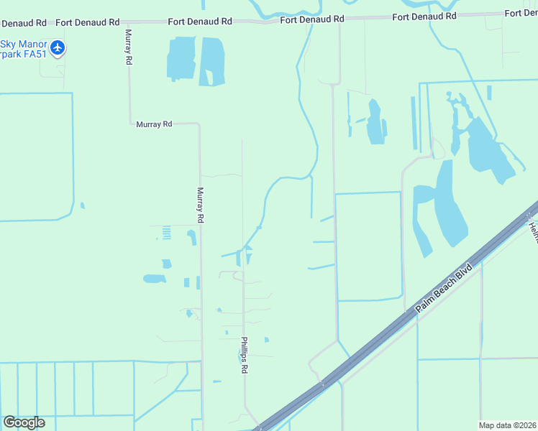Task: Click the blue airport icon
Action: (58, 49)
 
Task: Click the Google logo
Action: (24, 422)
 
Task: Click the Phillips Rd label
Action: (245, 355)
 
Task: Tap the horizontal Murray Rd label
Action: (154, 124)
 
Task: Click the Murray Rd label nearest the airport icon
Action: (128, 47)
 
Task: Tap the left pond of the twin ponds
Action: (182, 57)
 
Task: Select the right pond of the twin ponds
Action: (212, 60)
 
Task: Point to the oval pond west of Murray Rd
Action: (154, 279)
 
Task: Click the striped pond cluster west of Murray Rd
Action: (166, 233)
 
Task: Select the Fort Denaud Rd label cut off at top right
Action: (521, 13)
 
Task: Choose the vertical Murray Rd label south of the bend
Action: (201, 204)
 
